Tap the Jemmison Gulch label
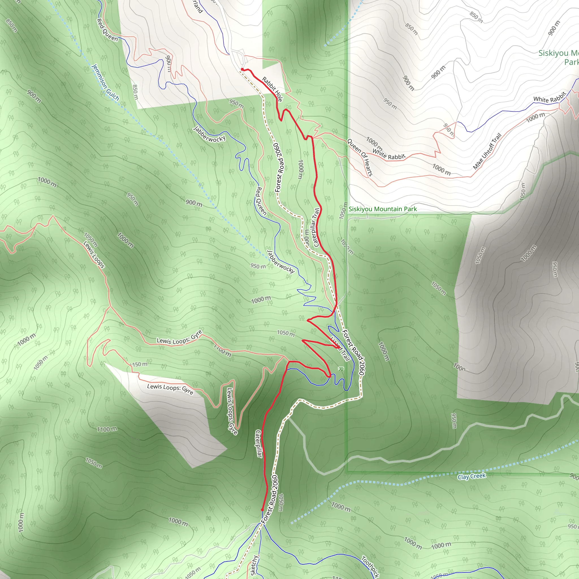105,82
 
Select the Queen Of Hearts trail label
360,157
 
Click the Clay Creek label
472,476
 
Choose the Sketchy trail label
254,565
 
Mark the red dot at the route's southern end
262,510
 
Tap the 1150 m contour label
139,364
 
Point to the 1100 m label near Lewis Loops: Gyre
222,350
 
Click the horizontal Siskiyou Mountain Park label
383,209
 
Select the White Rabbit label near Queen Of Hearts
389,154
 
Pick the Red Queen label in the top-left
107,30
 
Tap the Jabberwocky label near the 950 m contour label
281,261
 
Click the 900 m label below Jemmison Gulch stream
194,203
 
